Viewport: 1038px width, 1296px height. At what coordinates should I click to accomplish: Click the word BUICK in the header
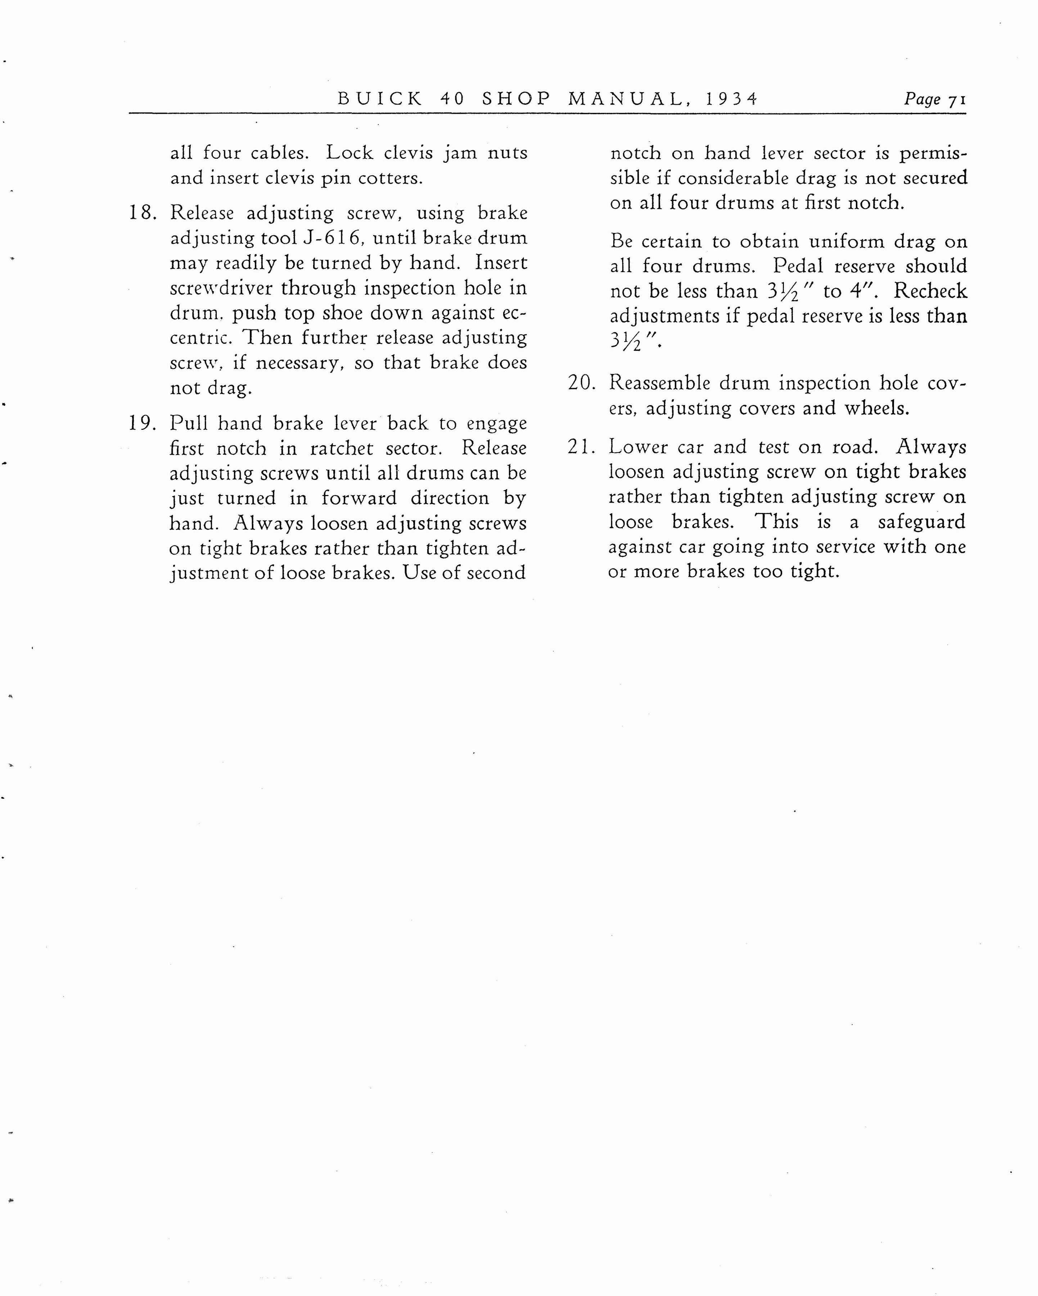pyautogui.click(x=380, y=99)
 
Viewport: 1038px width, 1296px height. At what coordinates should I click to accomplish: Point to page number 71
pyautogui.click(x=957, y=100)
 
